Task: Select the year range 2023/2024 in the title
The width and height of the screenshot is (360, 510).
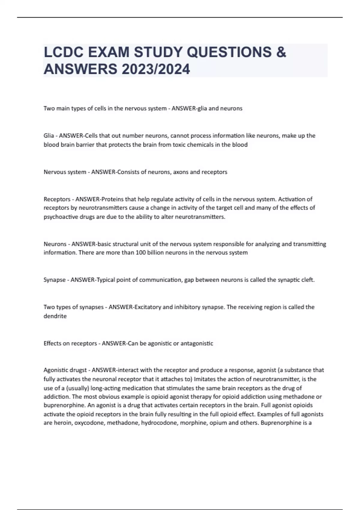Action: pos(156,69)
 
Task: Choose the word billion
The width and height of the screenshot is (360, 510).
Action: pos(156,253)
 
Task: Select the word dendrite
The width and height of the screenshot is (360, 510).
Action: pos(55,316)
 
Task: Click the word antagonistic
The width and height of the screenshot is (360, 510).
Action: pos(197,343)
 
